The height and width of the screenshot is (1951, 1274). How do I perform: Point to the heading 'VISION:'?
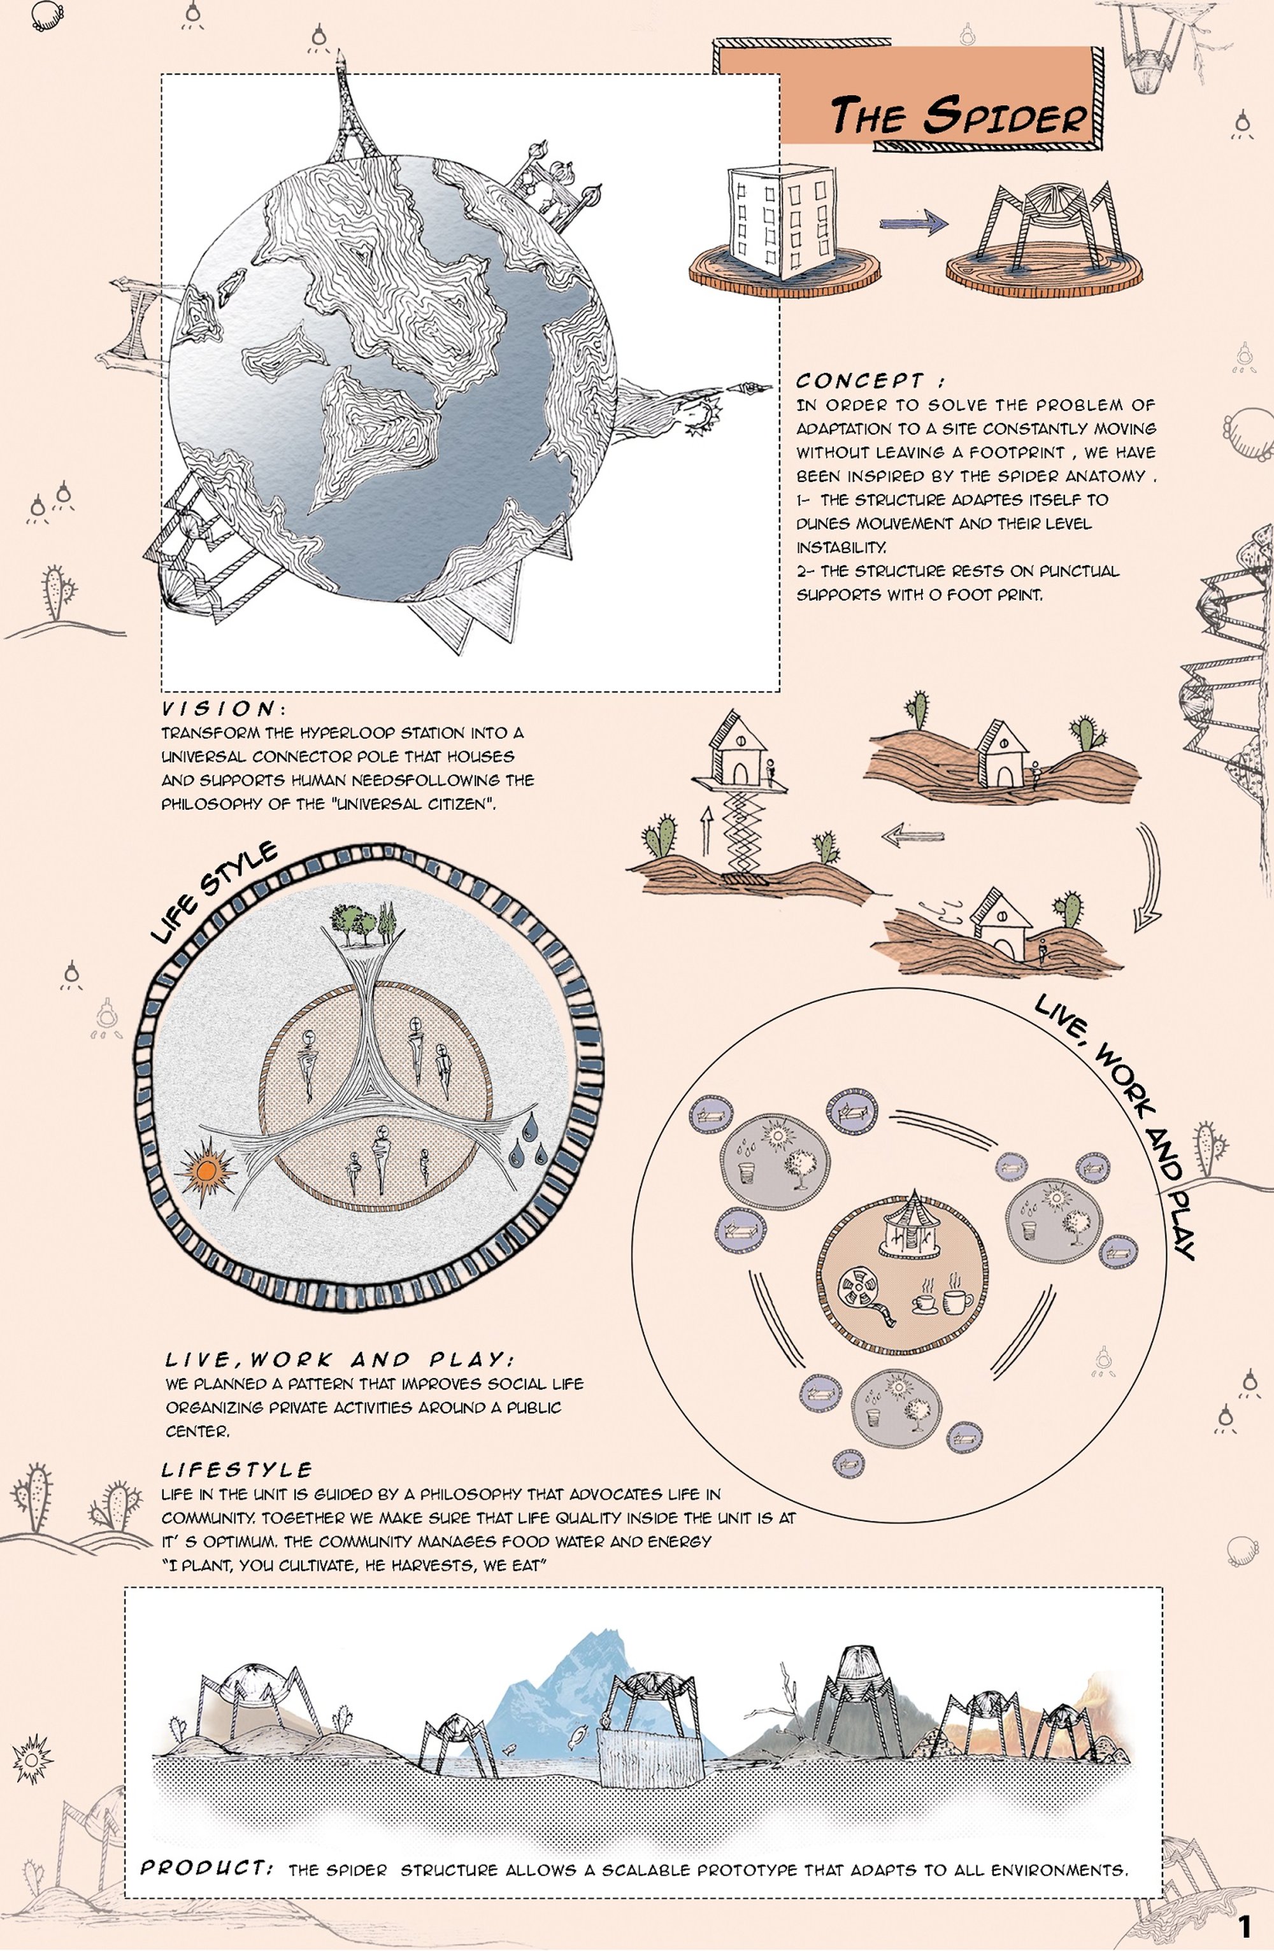pyautogui.click(x=224, y=708)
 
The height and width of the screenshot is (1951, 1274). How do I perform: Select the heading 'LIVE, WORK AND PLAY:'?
pyautogui.click(x=340, y=1360)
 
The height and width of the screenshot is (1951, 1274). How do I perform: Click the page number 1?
pyautogui.click(x=1245, y=1924)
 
